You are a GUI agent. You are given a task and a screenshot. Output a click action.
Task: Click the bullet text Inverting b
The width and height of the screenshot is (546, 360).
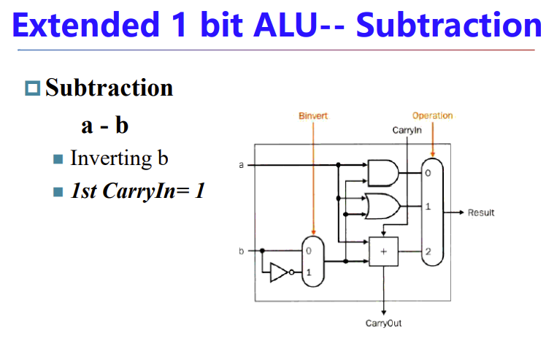coord(119,158)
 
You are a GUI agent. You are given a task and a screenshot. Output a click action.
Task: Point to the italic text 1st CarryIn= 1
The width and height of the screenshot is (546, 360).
coord(138,191)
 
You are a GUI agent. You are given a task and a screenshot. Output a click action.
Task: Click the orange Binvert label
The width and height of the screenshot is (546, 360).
coord(315,116)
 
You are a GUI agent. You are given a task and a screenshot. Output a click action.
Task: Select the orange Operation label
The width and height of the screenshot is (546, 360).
coord(432,115)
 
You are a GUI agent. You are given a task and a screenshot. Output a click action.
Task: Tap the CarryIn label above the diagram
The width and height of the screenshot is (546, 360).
coord(407,130)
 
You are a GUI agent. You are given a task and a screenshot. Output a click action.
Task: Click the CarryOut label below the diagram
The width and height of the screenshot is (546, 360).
coord(383,323)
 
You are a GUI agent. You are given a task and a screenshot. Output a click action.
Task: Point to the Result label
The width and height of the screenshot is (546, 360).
coord(481,212)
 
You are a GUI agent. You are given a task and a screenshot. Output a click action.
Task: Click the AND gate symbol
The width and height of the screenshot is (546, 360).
coord(382,173)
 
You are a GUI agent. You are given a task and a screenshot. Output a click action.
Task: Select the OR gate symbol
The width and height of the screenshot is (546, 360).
coord(382,207)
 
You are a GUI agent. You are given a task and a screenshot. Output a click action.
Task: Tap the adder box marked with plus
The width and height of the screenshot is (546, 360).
coord(383,252)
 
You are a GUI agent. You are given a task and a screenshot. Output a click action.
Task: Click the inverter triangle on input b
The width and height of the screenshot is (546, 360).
coord(279,272)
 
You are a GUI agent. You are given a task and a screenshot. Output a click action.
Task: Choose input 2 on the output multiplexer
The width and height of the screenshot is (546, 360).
coord(428,252)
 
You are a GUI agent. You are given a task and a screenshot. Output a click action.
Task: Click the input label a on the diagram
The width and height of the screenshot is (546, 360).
coord(241,165)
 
